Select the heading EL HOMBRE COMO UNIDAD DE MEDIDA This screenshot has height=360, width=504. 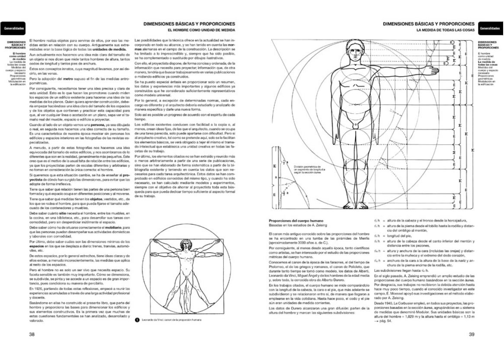coord(202,30)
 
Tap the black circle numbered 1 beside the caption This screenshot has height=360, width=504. coord(137,320)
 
